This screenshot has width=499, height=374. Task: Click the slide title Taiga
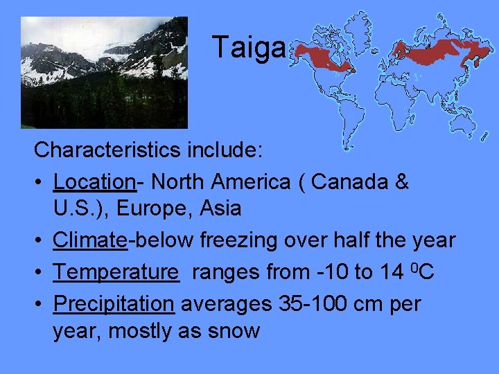tap(248, 48)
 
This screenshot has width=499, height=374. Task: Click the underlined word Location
tap(94, 181)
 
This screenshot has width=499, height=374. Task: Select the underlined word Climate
tap(90, 240)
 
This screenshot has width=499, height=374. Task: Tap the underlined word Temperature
tap(115, 271)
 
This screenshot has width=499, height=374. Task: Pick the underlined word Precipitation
tap(114, 303)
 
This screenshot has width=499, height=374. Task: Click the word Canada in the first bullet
tap(344, 181)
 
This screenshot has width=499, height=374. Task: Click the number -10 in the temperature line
tap(328, 271)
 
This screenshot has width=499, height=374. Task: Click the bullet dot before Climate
tap(40, 241)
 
